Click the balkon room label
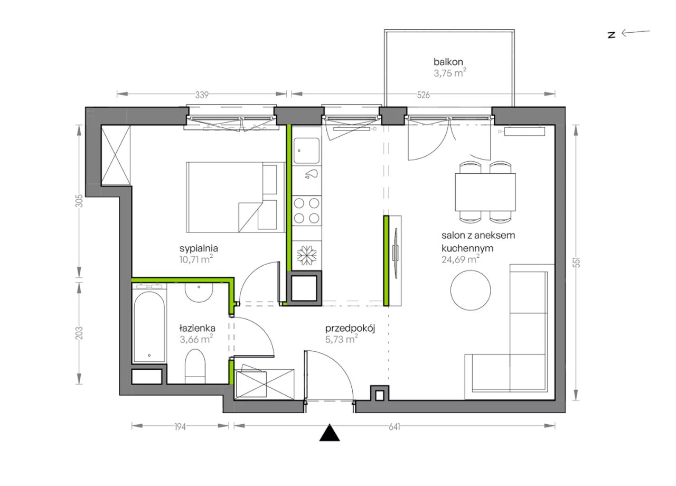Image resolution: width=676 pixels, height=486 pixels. point(448,62)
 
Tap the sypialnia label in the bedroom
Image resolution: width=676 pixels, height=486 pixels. point(199,249)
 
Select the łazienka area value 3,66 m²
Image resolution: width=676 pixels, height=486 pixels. point(196,339)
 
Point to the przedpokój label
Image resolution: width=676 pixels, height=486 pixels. point(350,329)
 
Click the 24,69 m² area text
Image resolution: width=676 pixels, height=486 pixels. point(461,259)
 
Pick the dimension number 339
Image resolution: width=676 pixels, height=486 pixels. point(202,95)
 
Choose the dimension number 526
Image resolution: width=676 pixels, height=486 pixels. point(424,95)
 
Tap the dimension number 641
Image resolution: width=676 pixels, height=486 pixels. point(395,427)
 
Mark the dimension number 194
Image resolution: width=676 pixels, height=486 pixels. point(180,427)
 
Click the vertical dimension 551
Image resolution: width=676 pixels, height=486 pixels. point(577,263)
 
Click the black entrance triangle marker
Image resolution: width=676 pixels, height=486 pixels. point(330,433)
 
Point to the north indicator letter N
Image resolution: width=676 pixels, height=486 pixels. point(612,35)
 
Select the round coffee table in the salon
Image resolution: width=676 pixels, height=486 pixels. point(471,291)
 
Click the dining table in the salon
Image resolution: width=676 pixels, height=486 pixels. point(485,192)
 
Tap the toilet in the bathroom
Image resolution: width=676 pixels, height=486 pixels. point(195,367)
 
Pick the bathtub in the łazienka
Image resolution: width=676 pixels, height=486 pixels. point(149,326)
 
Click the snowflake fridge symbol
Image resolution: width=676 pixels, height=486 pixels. point(307,255)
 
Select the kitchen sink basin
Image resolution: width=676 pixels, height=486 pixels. point(307,151)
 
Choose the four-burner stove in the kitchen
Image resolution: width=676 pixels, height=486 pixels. point(307,211)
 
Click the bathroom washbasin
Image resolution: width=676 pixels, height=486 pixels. point(199,292)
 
